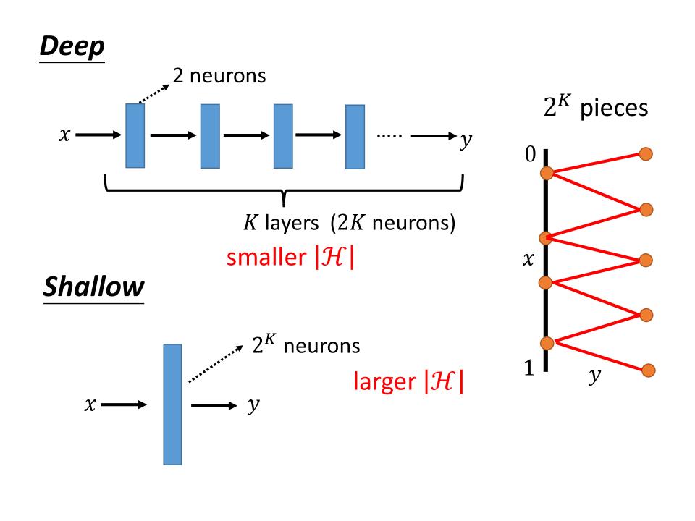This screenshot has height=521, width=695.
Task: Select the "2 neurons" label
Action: click(219, 75)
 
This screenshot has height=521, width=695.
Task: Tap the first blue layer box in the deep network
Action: click(135, 135)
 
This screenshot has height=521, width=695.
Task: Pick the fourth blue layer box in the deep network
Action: click(355, 137)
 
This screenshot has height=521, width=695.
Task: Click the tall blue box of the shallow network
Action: click(172, 404)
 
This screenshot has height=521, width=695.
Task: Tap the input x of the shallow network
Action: click(89, 407)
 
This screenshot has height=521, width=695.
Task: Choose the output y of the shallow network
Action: click(253, 407)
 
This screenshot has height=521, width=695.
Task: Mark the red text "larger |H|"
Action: click(408, 382)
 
